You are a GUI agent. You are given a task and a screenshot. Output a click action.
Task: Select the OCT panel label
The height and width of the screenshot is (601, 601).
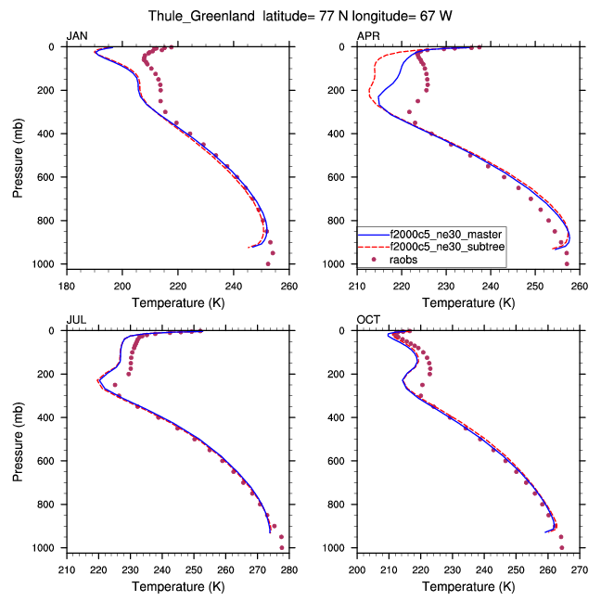368,319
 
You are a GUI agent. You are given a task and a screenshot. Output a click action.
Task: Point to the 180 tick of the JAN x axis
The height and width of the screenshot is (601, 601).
67,287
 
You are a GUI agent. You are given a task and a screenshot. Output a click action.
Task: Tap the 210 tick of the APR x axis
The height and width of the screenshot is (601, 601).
357,287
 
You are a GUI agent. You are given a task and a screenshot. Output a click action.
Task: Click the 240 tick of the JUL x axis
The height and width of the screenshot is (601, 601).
162,570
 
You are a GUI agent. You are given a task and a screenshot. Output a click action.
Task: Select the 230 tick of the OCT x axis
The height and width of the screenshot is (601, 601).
453,570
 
